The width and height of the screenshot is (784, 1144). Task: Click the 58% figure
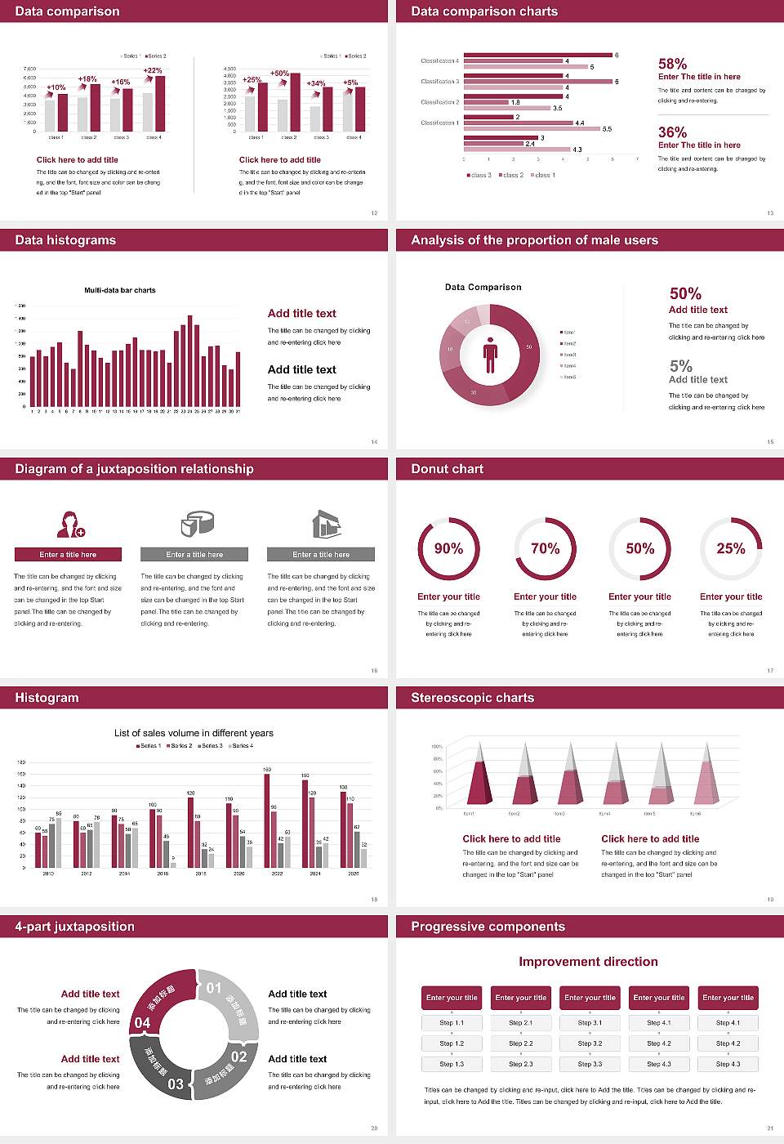[x=672, y=64]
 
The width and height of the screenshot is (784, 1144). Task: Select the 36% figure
[x=672, y=132]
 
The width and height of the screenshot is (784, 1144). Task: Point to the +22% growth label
[x=153, y=70]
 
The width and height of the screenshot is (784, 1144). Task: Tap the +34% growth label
[x=315, y=83]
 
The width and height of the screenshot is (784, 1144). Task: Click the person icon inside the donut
[x=490, y=355]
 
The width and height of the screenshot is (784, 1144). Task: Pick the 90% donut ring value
[x=448, y=548]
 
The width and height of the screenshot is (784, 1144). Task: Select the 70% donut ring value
[x=545, y=548]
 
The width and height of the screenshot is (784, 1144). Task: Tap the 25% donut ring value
[x=730, y=548]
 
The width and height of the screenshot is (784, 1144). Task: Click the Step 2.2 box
[x=521, y=1043]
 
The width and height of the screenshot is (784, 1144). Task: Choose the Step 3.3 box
[x=590, y=1064]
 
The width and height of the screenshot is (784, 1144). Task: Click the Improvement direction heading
[x=588, y=962]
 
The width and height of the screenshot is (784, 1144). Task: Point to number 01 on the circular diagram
[x=214, y=988]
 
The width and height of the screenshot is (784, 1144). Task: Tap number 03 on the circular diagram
[x=176, y=1084]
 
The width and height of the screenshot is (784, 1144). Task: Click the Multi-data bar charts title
[x=120, y=290]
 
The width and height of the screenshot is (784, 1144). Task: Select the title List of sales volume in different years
[x=194, y=733]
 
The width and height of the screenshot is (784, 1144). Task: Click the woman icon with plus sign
[x=71, y=524]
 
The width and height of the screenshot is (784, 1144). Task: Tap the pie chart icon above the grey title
[x=197, y=524]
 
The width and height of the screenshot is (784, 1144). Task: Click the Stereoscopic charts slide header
[x=472, y=698]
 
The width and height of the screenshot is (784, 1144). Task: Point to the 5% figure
[x=680, y=365]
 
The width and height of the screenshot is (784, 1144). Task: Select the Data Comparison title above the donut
[x=483, y=287]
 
